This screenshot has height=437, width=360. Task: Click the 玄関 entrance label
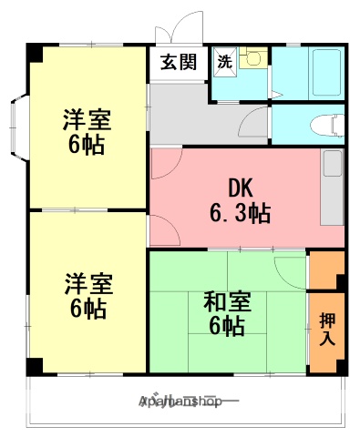coord(179,63)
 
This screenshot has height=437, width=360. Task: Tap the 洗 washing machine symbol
coord(223,63)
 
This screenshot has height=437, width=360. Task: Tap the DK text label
coord(240,188)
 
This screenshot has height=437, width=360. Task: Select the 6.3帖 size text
coord(240,215)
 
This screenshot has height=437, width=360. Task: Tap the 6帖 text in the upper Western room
coord(84,144)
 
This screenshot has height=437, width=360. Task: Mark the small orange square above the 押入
coord(327,268)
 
